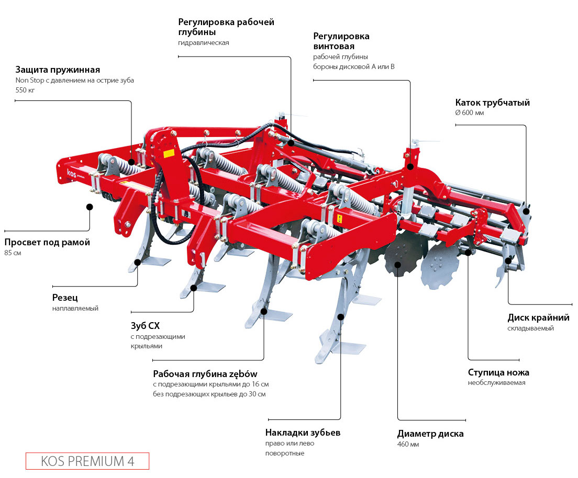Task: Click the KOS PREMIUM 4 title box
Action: (x=87, y=461)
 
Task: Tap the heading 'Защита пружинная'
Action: (x=58, y=70)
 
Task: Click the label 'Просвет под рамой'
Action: (x=47, y=242)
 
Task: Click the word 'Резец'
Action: (x=65, y=298)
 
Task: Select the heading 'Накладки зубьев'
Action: (x=303, y=433)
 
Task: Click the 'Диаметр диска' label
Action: (x=430, y=434)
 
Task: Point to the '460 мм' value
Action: (x=408, y=445)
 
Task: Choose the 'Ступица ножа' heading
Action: (x=498, y=372)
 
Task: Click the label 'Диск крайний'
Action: (x=538, y=317)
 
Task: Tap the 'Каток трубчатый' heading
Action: (x=492, y=103)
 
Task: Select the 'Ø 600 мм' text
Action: (x=470, y=113)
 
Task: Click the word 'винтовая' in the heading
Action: (x=334, y=47)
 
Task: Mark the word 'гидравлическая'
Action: (x=204, y=42)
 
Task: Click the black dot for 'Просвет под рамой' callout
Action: (x=90, y=207)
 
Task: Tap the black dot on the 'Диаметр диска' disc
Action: (x=397, y=265)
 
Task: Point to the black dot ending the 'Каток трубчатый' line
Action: (x=527, y=211)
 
